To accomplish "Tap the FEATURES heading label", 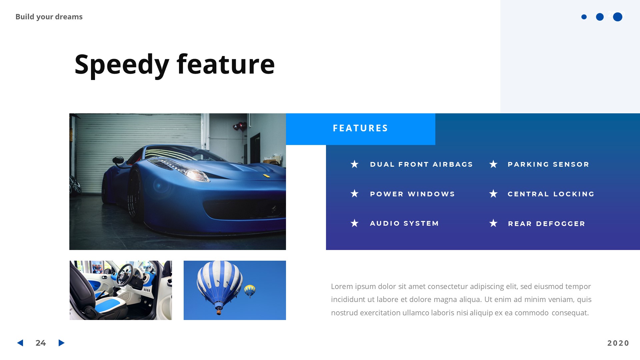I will tap(360, 128).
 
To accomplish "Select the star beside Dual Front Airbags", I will tap(354, 164).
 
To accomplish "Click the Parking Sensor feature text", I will tap(548, 164).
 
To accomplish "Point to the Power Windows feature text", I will tap(412, 194).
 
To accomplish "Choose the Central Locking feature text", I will tap(551, 194).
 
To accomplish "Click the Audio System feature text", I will tap(404, 223).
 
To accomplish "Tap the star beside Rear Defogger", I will tap(493, 223).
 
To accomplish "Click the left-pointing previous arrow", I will tap(20, 343).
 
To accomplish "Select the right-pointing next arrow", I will tap(61, 343).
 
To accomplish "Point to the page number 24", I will tap(41, 343).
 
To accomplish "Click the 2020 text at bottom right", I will tap(618, 343).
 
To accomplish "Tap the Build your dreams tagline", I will tap(49, 17).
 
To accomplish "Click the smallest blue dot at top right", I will tap(584, 17).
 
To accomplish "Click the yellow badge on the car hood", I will tap(266, 176).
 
